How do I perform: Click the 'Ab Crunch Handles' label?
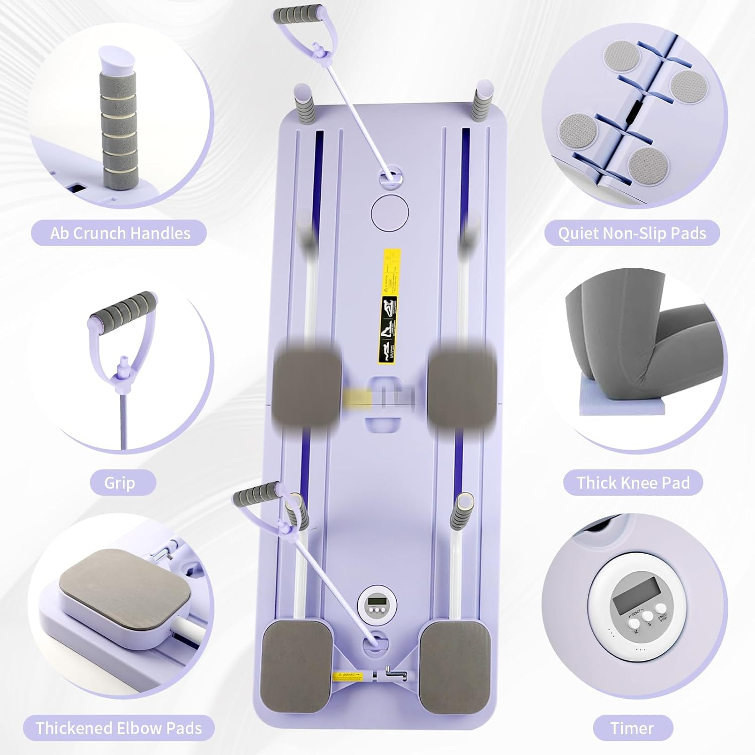120,233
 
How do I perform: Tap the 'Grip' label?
120,483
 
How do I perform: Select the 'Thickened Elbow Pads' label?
119,728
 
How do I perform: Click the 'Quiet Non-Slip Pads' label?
632,233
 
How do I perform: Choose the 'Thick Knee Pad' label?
633,483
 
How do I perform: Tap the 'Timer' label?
632,728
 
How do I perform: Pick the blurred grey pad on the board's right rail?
462,384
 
